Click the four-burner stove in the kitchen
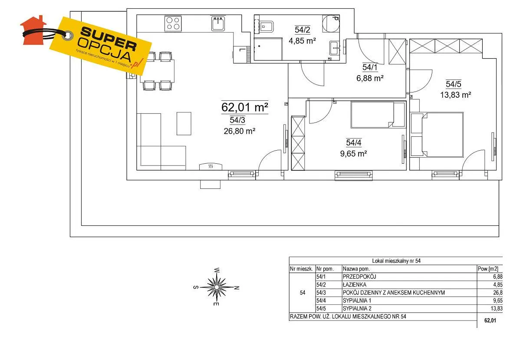[x=173, y=23]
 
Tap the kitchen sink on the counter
[x=218, y=23]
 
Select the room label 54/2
[x=302, y=30]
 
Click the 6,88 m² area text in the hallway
[x=370, y=78]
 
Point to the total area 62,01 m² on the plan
[x=245, y=107]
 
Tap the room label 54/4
[x=354, y=142]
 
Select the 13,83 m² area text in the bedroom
[x=456, y=95]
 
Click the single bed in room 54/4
[x=378, y=115]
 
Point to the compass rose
[x=217, y=287]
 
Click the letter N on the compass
[x=237, y=287]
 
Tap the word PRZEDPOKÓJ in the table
[x=359, y=277]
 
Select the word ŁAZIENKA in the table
[x=354, y=284]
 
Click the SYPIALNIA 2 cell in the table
[x=357, y=309]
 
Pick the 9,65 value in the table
[x=497, y=301]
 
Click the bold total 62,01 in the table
[x=490, y=320]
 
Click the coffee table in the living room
[x=184, y=124]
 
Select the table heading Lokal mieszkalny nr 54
[x=396, y=261]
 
